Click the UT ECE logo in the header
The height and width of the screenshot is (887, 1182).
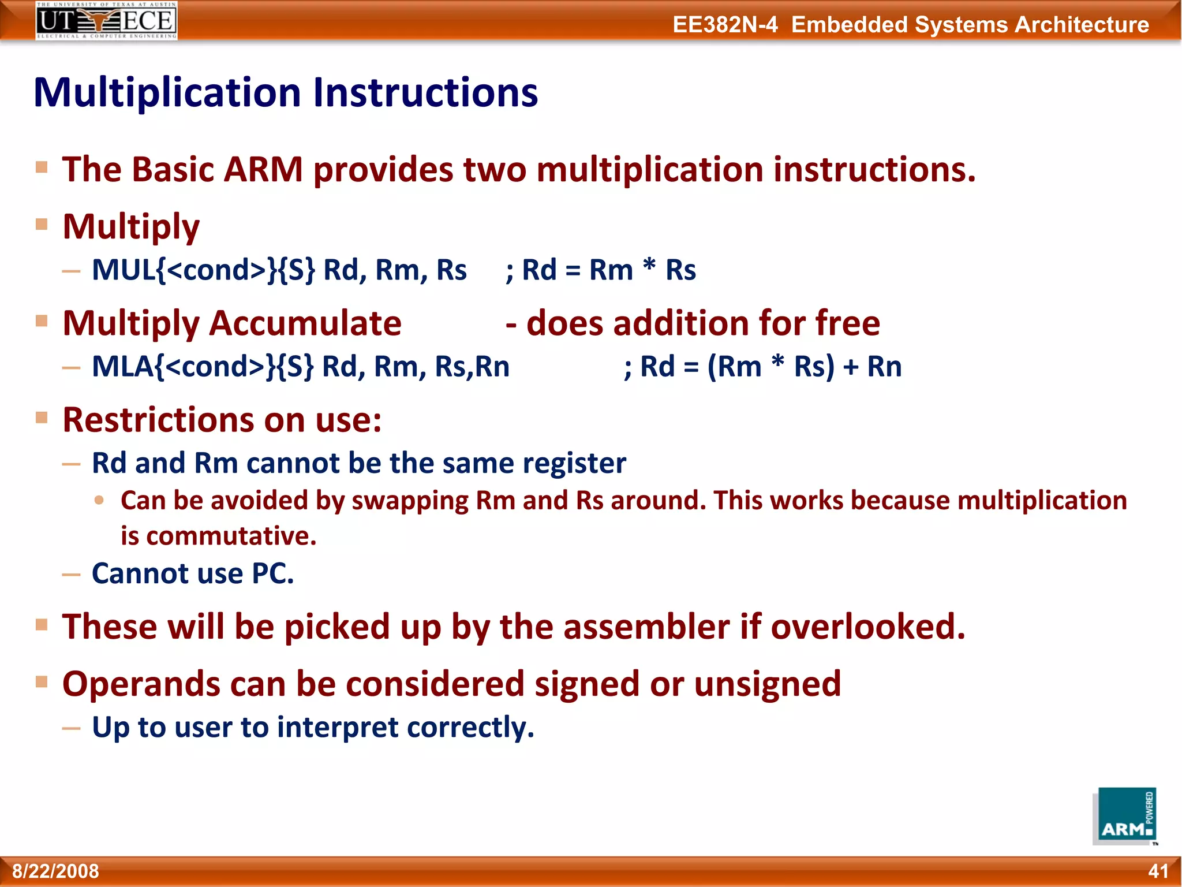[106, 21]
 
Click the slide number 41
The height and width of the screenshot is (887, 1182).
[1158, 871]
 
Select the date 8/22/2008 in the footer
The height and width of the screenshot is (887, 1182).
[56, 871]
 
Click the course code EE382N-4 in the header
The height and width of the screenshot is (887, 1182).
[725, 25]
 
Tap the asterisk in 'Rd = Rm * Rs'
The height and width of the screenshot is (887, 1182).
[649, 267]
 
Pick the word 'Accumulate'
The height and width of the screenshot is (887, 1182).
[305, 323]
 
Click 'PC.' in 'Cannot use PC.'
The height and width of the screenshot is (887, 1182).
[273, 573]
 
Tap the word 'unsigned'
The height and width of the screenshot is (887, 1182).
[768, 684]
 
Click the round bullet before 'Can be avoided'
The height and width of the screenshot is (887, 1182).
[99, 500]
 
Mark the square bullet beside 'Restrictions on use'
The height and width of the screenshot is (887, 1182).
[42, 418]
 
